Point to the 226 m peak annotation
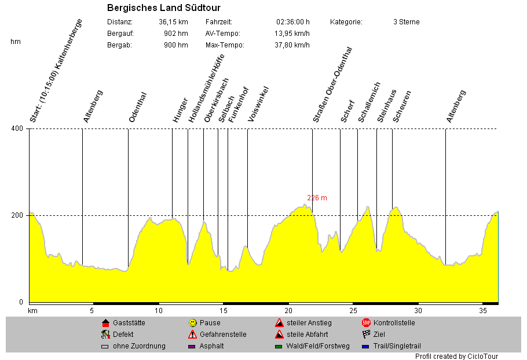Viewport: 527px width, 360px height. coord(317,198)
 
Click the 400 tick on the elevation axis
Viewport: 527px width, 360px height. coord(17,128)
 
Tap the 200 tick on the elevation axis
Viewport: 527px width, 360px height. coord(17,215)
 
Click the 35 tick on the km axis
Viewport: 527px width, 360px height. coord(484,311)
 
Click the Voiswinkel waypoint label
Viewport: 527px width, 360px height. coord(258,104)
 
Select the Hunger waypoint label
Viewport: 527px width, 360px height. coord(180,109)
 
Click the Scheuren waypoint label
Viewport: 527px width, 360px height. coord(402,106)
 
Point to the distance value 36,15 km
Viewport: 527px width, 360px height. coord(173,22)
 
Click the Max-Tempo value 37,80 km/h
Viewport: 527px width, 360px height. coord(292,45)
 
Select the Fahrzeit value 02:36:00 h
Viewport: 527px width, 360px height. coord(293,22)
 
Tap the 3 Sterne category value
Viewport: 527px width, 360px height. coord(406,22)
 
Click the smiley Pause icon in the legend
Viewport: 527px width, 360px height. coord(192,323)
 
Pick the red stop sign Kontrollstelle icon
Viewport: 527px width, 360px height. coord(366,323)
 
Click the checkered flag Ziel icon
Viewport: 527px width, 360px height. coord(366,334)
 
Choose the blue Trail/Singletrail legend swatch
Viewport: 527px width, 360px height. coord(366,347)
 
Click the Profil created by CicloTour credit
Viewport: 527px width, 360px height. coord(456,357)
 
